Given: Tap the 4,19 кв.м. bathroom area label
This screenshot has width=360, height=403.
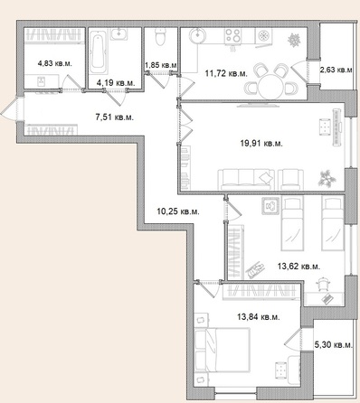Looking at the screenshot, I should pyautogui.click(x=115, y=83).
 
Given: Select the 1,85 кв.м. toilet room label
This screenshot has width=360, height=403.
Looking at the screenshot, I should pyautogui.click(x=160, y=65).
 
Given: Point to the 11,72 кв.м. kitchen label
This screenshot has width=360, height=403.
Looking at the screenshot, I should pyautogui.click(x=223, y=72).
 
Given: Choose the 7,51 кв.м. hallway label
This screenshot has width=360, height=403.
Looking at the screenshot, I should pyautogui.click(x=114, y=117).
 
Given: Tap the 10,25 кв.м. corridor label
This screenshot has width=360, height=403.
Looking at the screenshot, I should pyautogui.click(x=177, y=211).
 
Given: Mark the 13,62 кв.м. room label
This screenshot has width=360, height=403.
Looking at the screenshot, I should pyautogui.click(x=298, y=266).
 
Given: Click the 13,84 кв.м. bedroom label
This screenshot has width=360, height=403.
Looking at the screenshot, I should pyautogui.click(x=258, y=316).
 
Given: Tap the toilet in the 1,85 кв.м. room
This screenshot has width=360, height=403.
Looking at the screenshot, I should pyautogui.click(x=159, y=37).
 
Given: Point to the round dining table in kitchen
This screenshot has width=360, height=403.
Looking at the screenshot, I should pyautogui.click(x=270, y=87).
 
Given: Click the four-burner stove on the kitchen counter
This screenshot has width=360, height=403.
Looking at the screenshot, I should pyautogui.click(x=232, y=38).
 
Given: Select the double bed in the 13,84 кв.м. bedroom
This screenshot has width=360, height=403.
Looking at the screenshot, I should pyautogui.click(x=223, y=349).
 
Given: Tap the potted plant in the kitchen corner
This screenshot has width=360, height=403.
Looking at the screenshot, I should pyautogui.click(x=294, y=40).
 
